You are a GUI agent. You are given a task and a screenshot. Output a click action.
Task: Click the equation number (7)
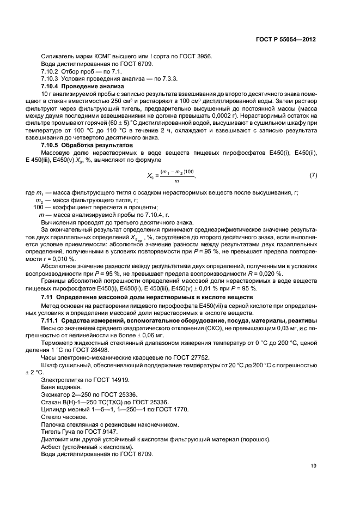313,175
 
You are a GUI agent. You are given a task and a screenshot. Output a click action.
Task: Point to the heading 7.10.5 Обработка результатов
79,146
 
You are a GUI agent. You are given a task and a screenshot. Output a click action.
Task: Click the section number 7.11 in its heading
48,297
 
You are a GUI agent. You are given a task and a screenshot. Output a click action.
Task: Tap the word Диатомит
56,439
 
